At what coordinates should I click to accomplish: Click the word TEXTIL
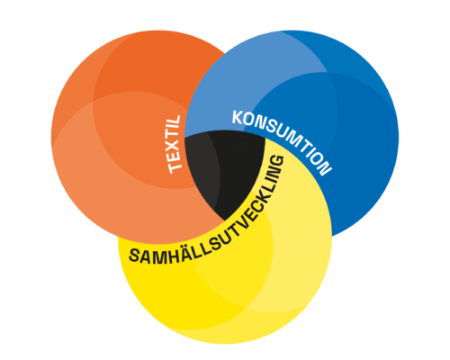click(175, 145)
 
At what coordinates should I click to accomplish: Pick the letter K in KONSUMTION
click(238, 117)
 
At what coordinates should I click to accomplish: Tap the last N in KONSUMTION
click(325, 169)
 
